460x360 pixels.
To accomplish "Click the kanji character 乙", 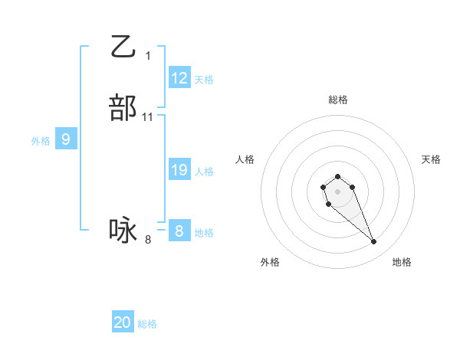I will click(123, 47).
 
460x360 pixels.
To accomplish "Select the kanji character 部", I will click(123, 108).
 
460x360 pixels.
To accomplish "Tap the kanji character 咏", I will click(123, 231).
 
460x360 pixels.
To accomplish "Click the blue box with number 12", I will click(179, 78).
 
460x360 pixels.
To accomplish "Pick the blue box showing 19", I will click(179, 170).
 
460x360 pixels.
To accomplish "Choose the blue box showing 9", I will click(66, 139).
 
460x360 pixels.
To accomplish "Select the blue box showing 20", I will click(123, 322).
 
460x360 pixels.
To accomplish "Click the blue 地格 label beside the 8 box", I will click(204, 233).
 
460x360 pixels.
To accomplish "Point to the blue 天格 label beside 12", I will click(204, 80).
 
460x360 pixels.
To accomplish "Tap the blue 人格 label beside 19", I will click(204, 172).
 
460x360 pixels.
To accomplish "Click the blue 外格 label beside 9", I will click(41, 141).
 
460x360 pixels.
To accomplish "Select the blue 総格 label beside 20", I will click(147, 324).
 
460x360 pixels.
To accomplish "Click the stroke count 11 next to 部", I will click(148, 117).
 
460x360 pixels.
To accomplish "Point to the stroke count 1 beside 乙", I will click(148, 56).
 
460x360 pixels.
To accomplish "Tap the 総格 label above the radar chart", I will click(338, 100).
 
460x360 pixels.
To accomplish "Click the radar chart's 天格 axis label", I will click(432, 159).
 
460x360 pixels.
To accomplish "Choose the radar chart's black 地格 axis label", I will click(402, 262).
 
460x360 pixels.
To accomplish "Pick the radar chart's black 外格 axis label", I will click(270, 262).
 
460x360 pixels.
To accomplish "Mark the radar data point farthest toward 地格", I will click(374, 242).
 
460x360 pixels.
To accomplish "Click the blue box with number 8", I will click(179, 231).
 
